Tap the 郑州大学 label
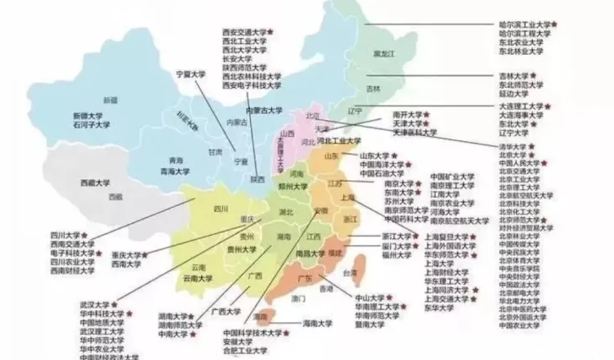294,185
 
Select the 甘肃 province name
215,152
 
